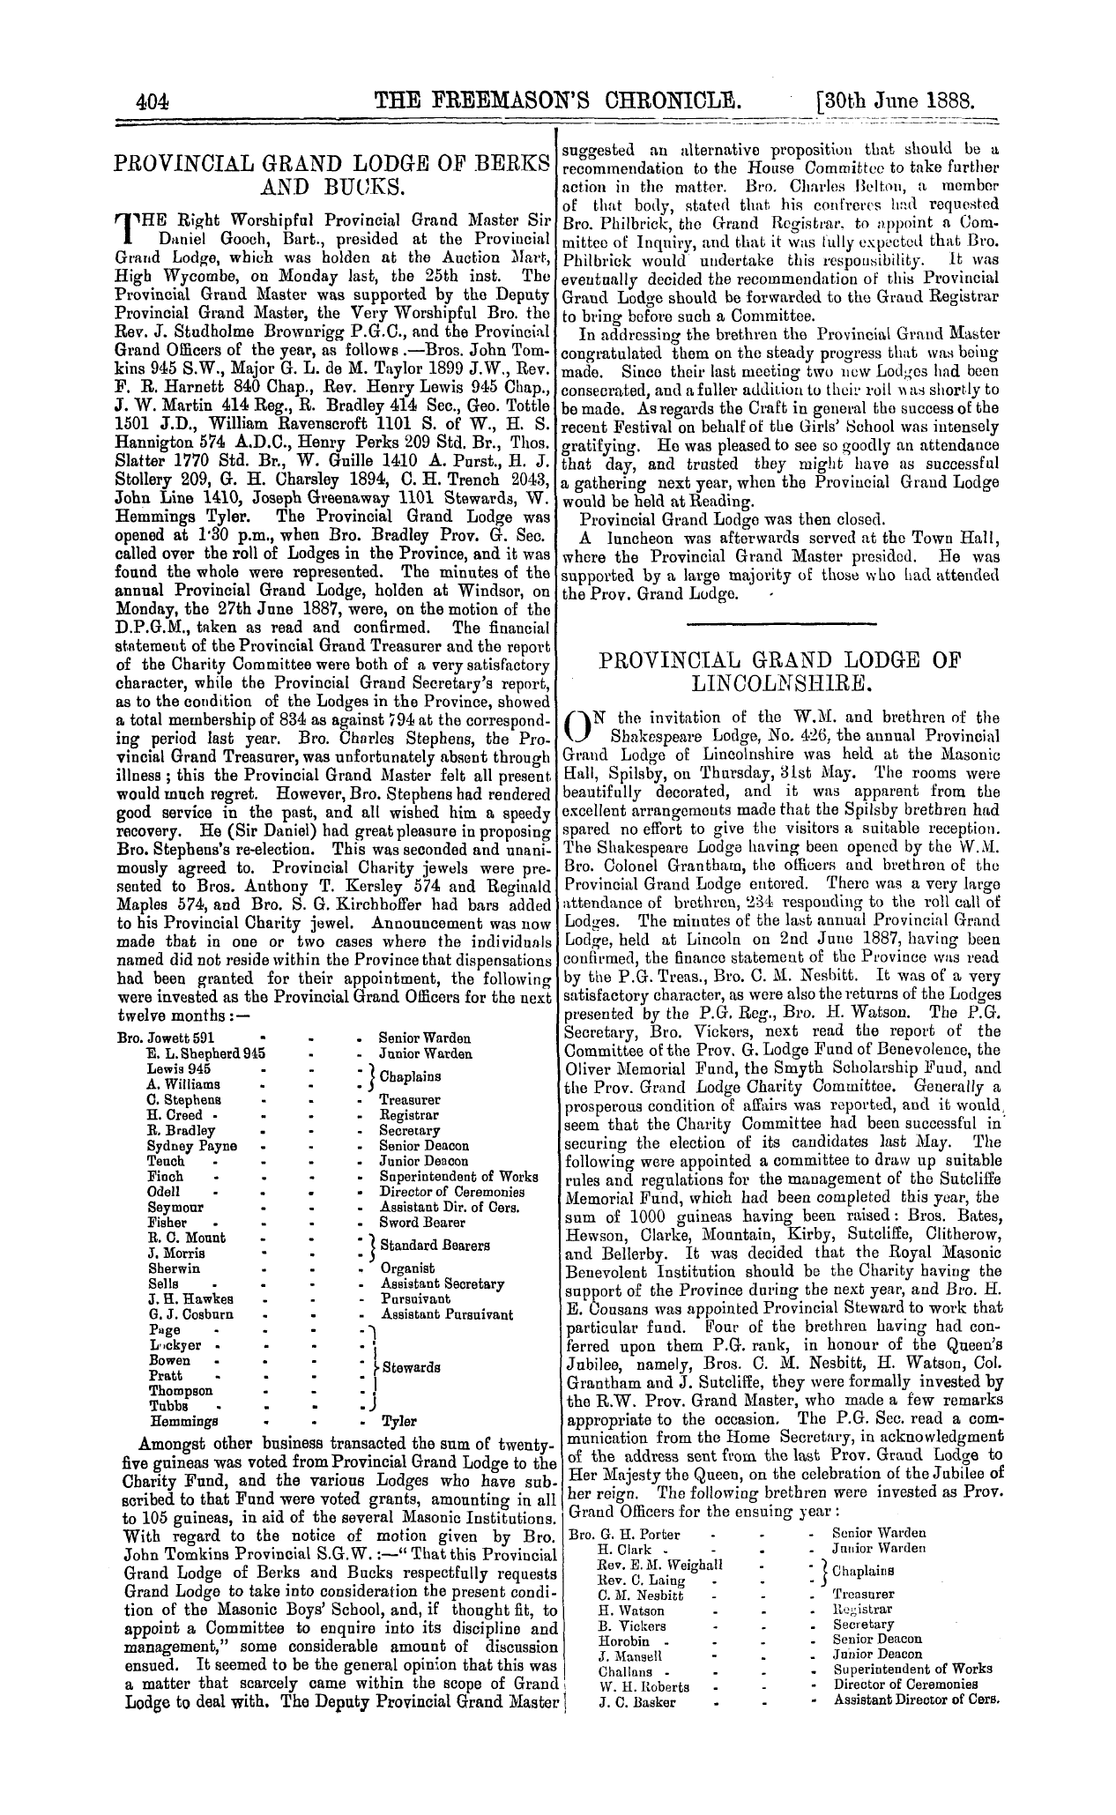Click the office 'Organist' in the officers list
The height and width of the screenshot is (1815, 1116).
point(406,1268)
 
